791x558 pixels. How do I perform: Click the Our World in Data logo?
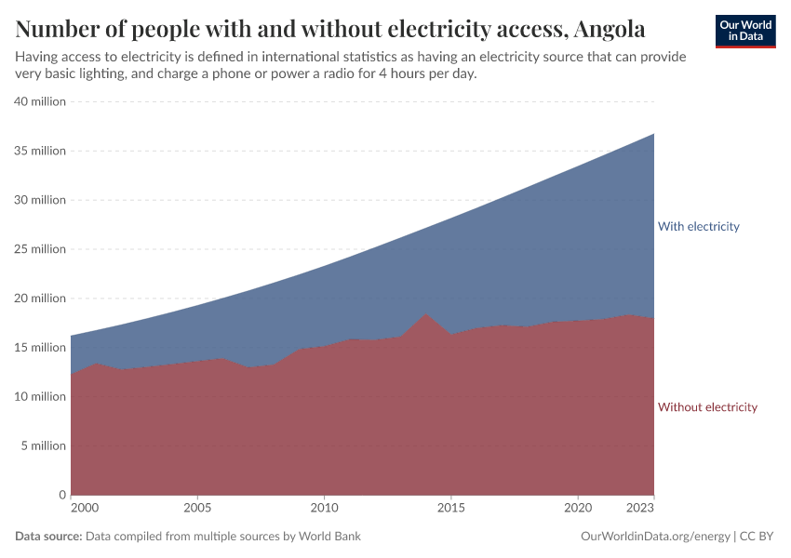(x=744, y=31)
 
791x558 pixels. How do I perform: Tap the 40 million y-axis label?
(x=39, y=101)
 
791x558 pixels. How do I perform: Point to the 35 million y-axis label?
(x=39, y=151)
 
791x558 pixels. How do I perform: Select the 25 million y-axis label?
(x=39, y=249)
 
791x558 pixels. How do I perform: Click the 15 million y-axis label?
(x=39, y=348)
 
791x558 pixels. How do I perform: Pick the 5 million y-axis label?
(x=42, y=445)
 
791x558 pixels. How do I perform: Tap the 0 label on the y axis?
(x=61, y=495)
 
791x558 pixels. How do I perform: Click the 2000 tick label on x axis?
(x=84, y=510)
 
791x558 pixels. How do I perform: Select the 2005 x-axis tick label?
(x=196, y=510)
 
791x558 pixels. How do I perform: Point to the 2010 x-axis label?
(x=324, y=510)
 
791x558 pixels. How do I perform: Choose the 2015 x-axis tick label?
(x=451, y=510)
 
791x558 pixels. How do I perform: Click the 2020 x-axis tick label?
(x=578, y=510)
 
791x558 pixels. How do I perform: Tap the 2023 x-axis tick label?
(x=640, y=510)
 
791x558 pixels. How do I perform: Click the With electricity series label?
(x=698, y=226)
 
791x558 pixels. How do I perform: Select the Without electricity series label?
(x=707, y=407)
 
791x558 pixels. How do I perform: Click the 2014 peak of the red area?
(x=425, y=315)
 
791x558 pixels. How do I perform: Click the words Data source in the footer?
(x=48, y=537)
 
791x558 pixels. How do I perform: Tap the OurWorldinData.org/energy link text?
(x=654, y=537)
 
